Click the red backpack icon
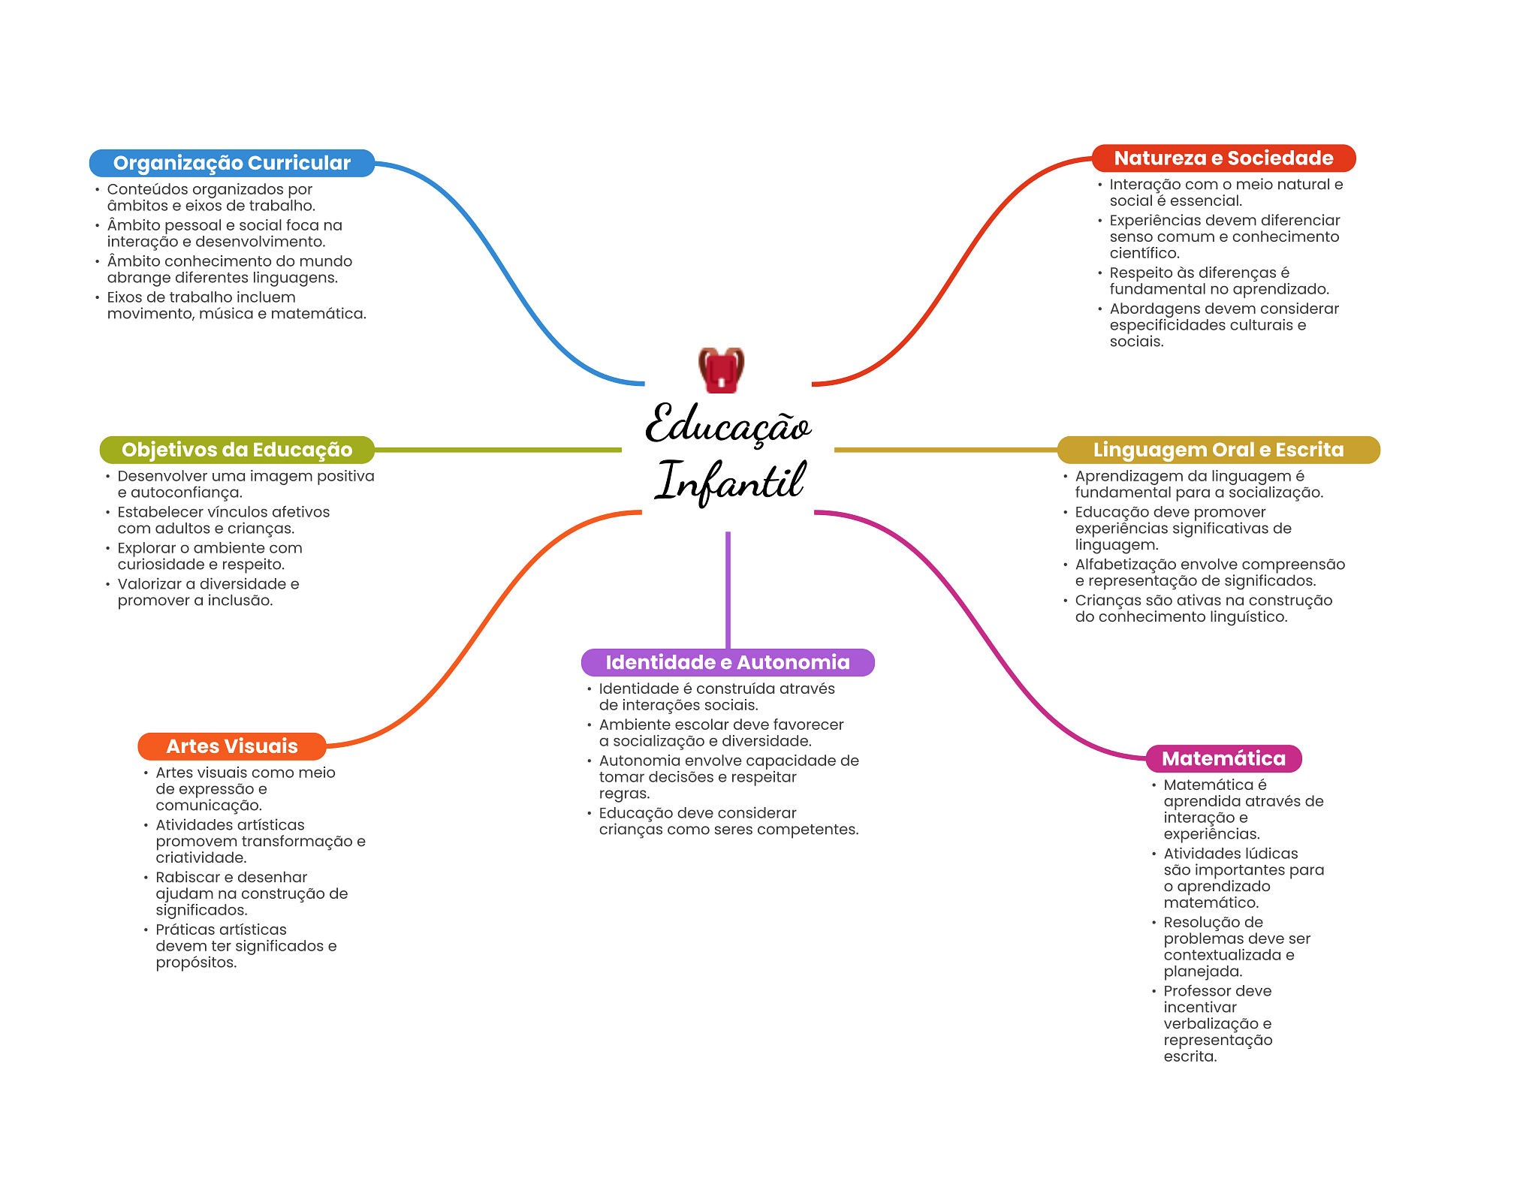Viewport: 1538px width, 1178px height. click(721, 369)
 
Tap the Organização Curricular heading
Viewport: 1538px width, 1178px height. click(232, 163)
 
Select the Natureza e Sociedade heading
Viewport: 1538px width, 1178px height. click(1223, 158)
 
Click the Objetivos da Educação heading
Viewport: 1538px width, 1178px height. click(237, 450)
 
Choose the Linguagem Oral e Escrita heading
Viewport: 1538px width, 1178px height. click(1218, 450)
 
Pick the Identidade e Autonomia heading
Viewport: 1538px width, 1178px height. click(728, 662)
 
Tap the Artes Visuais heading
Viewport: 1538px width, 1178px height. click(232, 746)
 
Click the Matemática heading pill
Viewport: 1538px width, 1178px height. click(1223, 758)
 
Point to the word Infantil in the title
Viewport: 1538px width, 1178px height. click(730, 481)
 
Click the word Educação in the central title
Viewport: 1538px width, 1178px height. click(728, 424)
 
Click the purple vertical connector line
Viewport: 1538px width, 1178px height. click(728, 590)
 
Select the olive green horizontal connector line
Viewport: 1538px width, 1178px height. click(498, 450)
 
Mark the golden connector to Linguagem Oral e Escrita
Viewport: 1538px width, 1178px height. click(945, 450)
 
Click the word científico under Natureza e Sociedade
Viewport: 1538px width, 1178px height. click(1144, 254)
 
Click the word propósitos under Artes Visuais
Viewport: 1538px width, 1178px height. click(196, 963)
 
